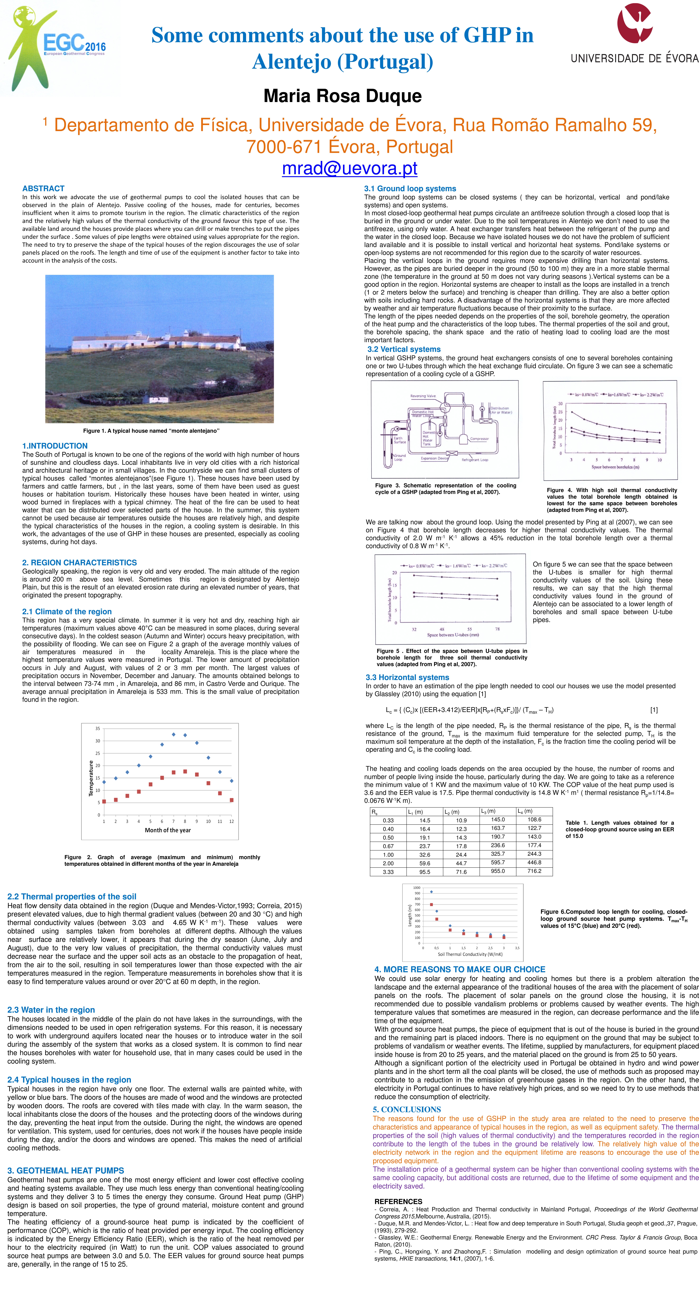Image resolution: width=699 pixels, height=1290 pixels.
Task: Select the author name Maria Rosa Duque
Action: [342, 96]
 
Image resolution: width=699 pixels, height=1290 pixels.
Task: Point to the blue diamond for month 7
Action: [173, 734]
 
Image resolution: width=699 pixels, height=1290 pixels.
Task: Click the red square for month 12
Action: [231, 800]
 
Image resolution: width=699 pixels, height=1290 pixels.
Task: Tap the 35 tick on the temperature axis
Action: [98, 728]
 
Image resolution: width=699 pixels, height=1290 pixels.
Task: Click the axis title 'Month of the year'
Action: [168, 830]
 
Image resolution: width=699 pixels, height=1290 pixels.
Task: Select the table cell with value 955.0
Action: [498, 871]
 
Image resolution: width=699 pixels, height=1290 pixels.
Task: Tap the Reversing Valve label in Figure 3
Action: [423, 396]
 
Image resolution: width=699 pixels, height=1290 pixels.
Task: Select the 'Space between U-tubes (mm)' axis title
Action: [453, 634]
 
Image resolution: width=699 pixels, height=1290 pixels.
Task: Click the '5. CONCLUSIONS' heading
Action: [407, 1109]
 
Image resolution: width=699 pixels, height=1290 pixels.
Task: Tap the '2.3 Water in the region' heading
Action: [51, 1010]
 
